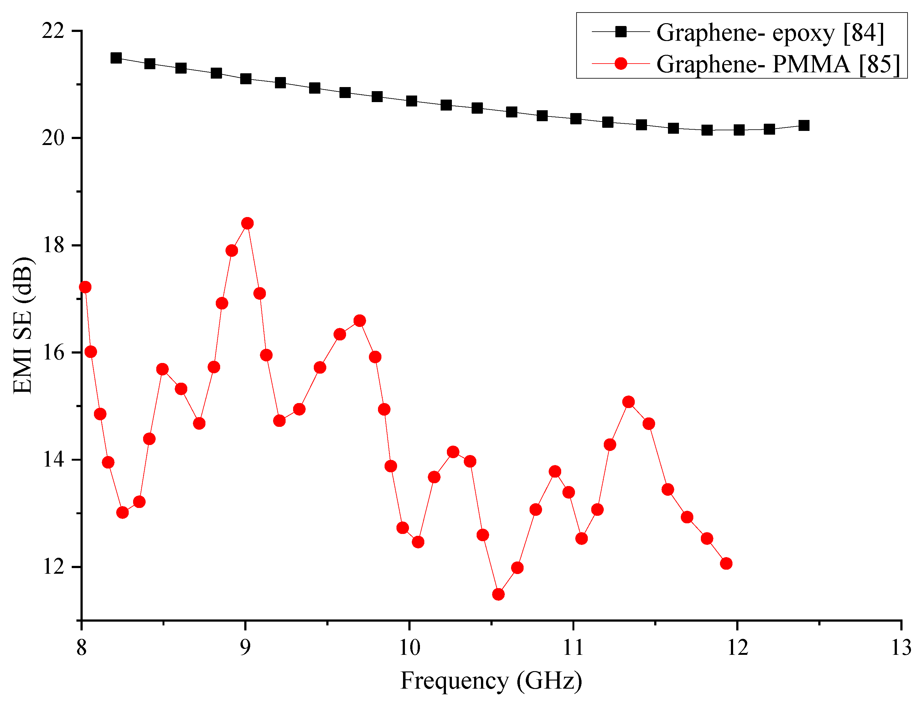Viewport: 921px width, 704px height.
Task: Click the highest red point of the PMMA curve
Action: point(247,223)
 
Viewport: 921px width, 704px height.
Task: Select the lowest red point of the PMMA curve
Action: point(498,594)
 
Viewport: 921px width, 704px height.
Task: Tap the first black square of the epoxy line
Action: point(116,58)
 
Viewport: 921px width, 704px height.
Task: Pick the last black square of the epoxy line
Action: point(804,125)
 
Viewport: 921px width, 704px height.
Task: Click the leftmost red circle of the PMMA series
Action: point(85,287)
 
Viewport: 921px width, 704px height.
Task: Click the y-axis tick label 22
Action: point(53,31)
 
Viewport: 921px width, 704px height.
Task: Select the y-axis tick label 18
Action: point(53,245)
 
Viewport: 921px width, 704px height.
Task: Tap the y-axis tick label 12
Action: point(53,567)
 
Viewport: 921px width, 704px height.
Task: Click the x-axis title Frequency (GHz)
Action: point(491,681)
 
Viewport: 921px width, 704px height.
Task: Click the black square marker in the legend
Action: point(621,31)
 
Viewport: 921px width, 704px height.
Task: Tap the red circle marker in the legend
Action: point(621,64)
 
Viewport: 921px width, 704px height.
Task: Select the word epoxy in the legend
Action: point(803,34)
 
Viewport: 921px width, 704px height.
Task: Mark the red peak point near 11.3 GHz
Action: point(629,402)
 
